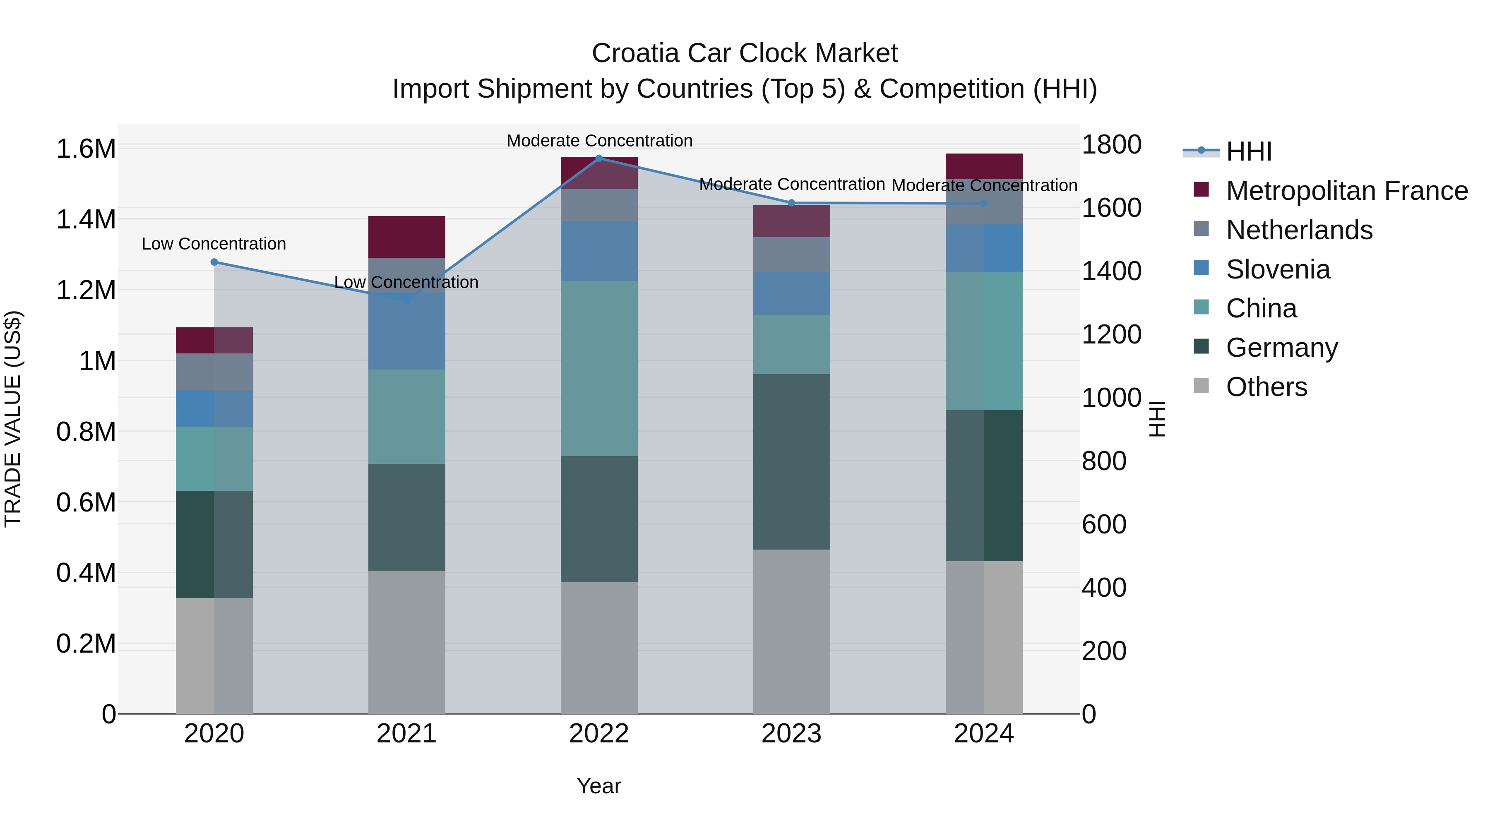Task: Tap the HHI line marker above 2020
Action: pyautogui.click(x=214, y=262)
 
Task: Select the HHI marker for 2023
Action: pyautogui.click(x=792, y=203)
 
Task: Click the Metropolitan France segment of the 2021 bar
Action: pyautogui.click(x=406, y=237)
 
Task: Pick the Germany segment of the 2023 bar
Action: pyautogui.click(x=792, y=461)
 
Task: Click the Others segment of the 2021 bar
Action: pyautogui.click(x=406, y=642)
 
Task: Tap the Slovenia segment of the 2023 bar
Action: pyautogui.click(x=792, y=294)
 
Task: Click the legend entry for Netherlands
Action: pyautogui.click(x=1298, y=230)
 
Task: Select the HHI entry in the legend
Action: pyautogui.click(x=1248, y=151)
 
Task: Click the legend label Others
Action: pyautogui.click(x=1266, y=387)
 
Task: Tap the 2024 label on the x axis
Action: pyautogui.click(x=983, y=734)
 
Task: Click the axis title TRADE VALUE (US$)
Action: pyautogui.click(x=13, y=419)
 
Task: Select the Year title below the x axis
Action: pyautogui.click(x=598, y=786)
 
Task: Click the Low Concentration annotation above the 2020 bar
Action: pyautogui.click(x=214, y=244)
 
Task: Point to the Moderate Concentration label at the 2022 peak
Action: pyautogui.click(x=599, y=141)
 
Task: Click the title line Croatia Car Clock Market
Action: pyautogui.click(x=745, y=53)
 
